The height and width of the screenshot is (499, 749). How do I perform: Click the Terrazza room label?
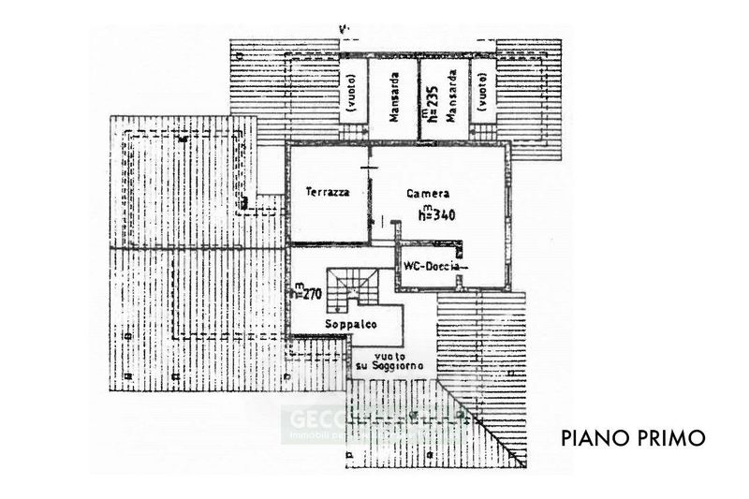click(x=328, y=192)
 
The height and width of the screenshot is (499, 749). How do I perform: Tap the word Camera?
click(x=424, y=193)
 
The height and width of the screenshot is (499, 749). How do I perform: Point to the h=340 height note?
click(x=436, y=215)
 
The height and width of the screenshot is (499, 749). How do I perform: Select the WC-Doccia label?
click(x=432, y=266)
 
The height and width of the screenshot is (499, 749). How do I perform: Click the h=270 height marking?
click(x=306, y=291)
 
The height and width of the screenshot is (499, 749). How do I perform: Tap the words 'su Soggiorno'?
click(x=389, y=364)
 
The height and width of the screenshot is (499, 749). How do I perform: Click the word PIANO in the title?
click(x=590, y=437)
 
